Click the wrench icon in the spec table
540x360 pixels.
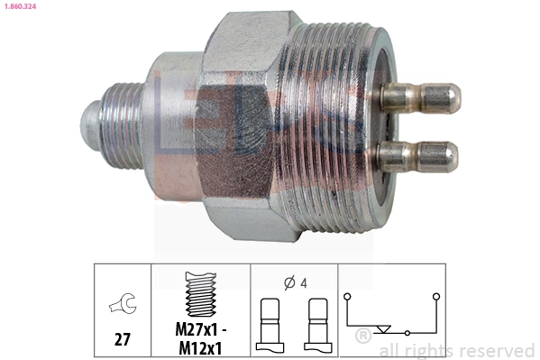pos(120,305)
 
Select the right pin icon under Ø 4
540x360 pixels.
pos(317,323)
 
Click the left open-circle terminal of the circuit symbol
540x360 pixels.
pos(349,296)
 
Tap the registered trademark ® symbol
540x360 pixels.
pos(363,337)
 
